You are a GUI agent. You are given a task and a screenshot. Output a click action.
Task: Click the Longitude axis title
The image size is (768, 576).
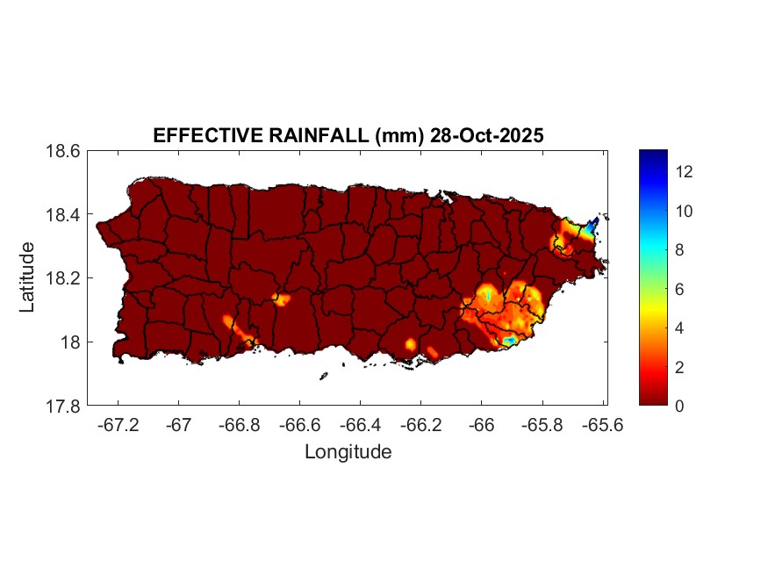click(x=348, y=452)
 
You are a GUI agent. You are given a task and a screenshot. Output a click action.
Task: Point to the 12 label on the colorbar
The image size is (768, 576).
click(x=685, y=172)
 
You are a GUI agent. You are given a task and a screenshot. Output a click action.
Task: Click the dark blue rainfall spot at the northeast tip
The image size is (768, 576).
click(x=593, y=224)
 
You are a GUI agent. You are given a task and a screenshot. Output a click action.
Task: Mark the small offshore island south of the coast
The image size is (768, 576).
click(x=323, y=377)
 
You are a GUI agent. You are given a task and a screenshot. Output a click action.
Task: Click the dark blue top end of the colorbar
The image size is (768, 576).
click(x=653, y=156)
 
